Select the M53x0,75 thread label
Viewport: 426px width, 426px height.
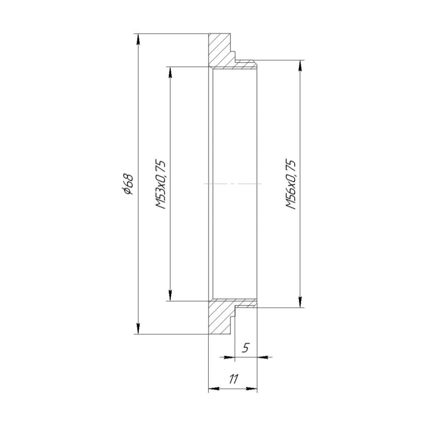pyautogui.click(x=161, y=184)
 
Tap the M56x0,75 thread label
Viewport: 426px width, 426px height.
pyautogui.click(x=291, y=184)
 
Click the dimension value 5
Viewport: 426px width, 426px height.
pyautogui.click(x=245, y=348)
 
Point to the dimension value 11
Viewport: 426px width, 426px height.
pyautogui.click(x=233, y=379)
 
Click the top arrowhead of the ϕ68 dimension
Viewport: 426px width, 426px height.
pyautogui.click(x=138, y=39)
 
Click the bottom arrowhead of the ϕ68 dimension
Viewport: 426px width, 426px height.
pyautogui.click(x=138, y=328)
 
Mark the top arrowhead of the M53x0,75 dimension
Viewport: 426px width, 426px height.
pyautogui.click(x=170, y=72)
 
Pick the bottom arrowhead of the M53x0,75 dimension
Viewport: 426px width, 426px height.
pyautogui.click(x=170, y=295)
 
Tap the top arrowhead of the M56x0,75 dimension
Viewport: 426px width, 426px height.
pyautogui.click(x=301, y=66)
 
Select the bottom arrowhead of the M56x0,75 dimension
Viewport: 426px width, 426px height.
pyautogui.click(x=301, y=301)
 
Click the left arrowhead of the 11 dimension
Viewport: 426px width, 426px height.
pyautogui.click(x=213, y=389)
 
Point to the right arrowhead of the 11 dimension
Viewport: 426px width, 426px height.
pyautogui.click(x=253, y=389)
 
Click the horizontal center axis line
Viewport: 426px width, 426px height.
pyautogui.click(x=233, y=184)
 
